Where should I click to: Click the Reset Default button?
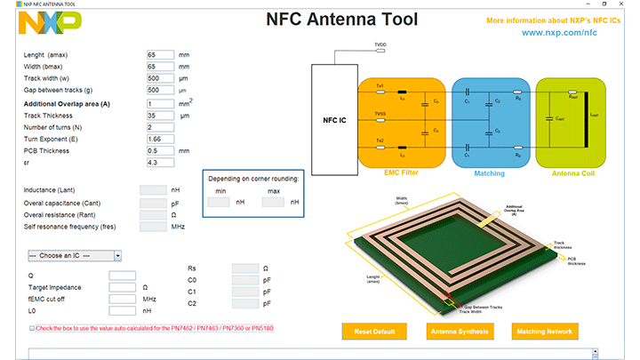click(374, 332)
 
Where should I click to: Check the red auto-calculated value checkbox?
click(33, 328)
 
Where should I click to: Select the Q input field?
click(122, 276)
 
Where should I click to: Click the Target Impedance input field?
click(122, 287)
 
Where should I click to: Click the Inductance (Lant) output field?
click(153, 190)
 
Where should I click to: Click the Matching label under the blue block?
click(490, 173)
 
